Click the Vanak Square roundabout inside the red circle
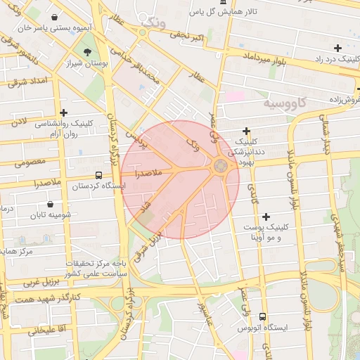220,167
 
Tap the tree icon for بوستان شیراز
87,52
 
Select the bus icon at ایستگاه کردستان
98,175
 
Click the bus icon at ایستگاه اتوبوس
262,317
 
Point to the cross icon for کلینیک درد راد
338,48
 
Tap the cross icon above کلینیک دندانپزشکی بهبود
246,131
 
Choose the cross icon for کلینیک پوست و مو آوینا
265,217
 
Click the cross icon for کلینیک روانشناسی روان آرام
64,112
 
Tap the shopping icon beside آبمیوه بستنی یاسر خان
55,17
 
